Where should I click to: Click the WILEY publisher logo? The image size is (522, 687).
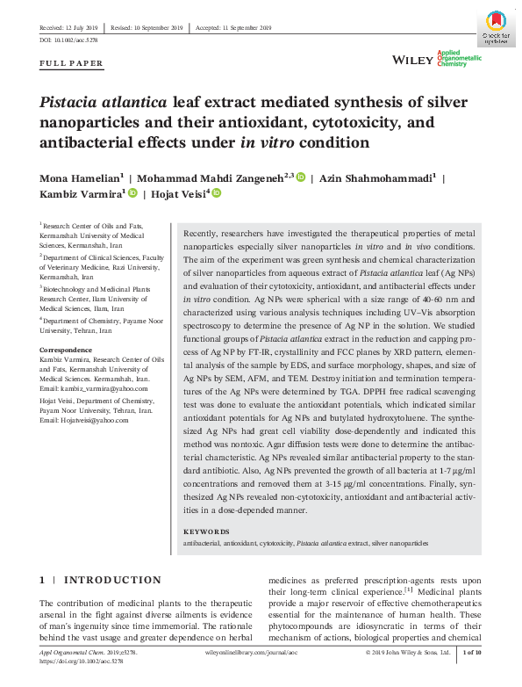tap(412, 59)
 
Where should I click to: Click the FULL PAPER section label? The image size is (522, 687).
tap(72, 64)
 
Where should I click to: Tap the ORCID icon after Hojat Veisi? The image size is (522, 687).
tap(216, 193)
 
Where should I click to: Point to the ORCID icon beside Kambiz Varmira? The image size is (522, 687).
tap(133, 193)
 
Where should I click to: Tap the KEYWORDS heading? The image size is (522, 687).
tap(205, 532)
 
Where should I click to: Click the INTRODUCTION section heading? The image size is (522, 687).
tap(113, 581)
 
